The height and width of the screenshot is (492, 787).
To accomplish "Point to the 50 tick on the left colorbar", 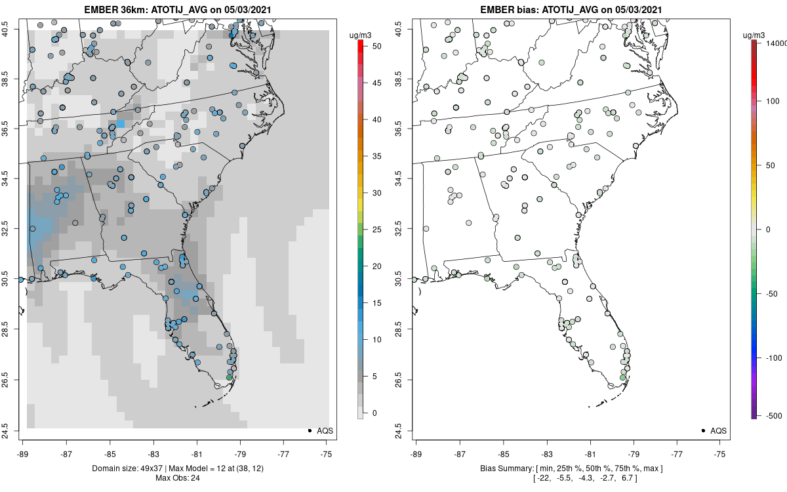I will tap(372, 47).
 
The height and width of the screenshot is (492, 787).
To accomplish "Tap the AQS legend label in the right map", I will tap(719, 430).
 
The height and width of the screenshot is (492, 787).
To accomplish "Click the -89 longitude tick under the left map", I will tap(22, 453).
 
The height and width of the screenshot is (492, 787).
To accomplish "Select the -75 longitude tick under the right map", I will tap(720, 453).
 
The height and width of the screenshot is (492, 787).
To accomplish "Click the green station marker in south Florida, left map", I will tap(229, 377).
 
